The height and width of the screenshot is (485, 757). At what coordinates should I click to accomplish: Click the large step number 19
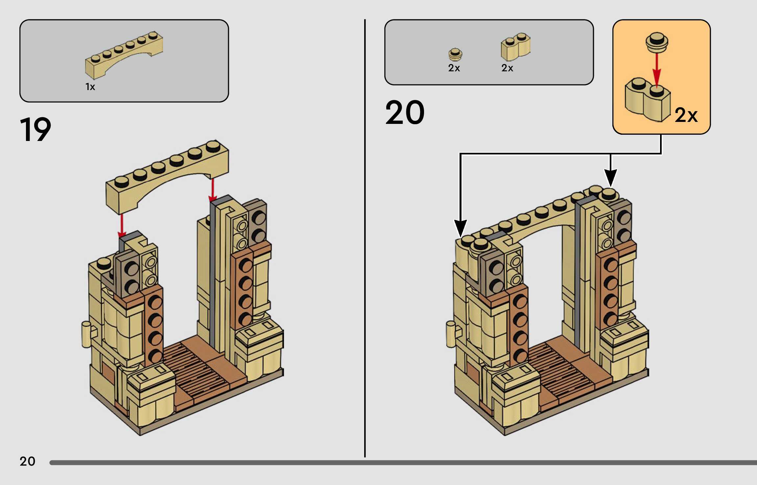35,129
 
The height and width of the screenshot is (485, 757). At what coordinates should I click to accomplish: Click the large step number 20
405,113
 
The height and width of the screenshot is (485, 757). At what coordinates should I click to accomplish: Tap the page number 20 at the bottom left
27,461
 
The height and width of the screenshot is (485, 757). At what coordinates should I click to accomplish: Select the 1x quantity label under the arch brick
90,87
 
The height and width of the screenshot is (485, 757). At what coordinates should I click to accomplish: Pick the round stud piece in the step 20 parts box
455,55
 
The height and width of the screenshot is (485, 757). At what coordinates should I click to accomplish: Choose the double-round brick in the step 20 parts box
515,47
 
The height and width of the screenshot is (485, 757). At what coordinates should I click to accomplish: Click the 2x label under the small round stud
454,68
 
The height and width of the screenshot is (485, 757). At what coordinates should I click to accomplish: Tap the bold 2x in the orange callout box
686,115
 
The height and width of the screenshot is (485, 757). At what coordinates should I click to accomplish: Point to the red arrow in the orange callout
656,70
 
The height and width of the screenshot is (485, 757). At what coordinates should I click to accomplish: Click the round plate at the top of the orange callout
656,42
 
